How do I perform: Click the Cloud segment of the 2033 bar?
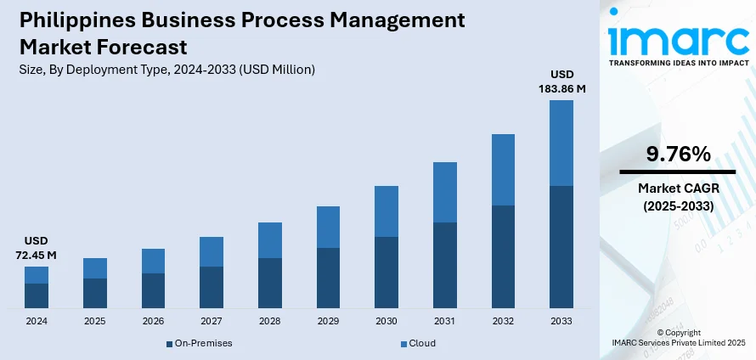(561, 143)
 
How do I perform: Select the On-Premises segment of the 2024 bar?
(37, 295)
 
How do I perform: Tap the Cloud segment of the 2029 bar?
(328, 227)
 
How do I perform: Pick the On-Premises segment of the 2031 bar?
(445, 264)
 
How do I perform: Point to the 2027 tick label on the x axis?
(212, 322)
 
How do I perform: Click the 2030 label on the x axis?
(386, 322)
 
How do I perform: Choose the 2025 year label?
(95, 322)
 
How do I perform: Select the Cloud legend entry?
(418, 343)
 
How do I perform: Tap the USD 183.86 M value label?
(561, 82)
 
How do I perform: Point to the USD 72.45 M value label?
(37, 248)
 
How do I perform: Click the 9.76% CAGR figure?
(677, 154)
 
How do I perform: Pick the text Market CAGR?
(677, 188)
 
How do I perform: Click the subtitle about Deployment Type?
(166, 70)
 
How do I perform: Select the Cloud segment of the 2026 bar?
(153, 261)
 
